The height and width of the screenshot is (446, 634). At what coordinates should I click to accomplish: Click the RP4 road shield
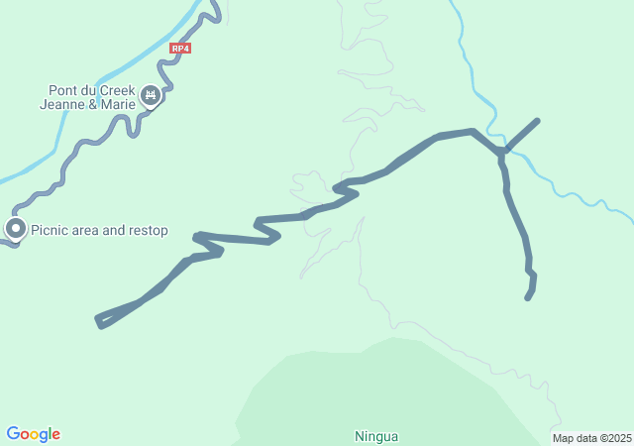pyautogui.click(x=179, y=48)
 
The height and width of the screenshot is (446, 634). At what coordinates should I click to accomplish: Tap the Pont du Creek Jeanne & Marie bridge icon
pyautogui.click(x=151, y=95)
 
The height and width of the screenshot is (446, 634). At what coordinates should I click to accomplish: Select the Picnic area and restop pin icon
pyautogui.click(x=16, y=229)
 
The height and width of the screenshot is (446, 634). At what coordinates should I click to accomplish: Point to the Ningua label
pyautogui.click(x=375, y=435)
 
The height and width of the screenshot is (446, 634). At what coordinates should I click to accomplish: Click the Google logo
pyautogui.click(x=33, y=434)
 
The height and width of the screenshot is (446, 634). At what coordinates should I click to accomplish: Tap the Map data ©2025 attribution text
pyautogui.click(x=591, y=438)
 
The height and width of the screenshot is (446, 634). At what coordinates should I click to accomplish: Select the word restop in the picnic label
pyautogui.click(x=148, y=231)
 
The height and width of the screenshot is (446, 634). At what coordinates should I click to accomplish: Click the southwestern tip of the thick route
pyautogui.click(x=99, y=320)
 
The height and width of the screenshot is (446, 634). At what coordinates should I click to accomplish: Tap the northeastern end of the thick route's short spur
pyautogui.click(x=537, y=121)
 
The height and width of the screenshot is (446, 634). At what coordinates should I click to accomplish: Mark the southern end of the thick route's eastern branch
pyautogui.click(x=528, y=296)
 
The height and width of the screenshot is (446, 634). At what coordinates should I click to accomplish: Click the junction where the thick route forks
pyautogui.click(x=502, y=153)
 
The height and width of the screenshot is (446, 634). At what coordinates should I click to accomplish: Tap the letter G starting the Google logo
pyautogui.click(x=13, y=433)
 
